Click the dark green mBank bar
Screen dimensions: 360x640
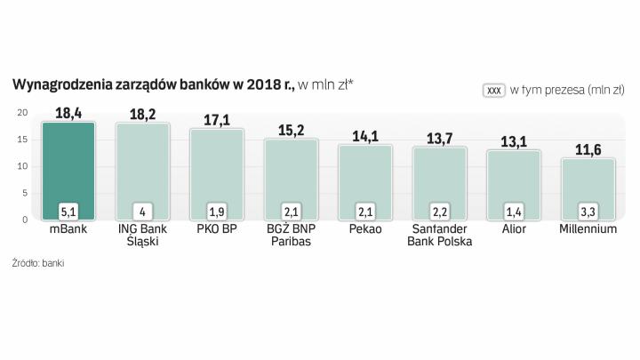[68, 164]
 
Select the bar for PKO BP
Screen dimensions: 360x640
[217, 169]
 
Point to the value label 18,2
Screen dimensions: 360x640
[143, 115]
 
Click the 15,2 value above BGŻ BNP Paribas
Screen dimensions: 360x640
[291, 130]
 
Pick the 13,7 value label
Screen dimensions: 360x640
[439, 138]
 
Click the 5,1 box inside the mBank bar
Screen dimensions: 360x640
[69, 212]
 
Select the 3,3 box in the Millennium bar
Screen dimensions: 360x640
[588, 212]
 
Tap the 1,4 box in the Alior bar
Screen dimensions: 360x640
[514, 212]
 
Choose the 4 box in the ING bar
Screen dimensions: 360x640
[143, 212]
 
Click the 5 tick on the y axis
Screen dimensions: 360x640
[25, 193]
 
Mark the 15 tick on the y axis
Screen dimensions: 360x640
[22, 140]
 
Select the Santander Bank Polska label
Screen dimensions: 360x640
[439, 236]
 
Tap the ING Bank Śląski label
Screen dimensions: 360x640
[143, 236]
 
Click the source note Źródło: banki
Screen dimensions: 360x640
[38, 263]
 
